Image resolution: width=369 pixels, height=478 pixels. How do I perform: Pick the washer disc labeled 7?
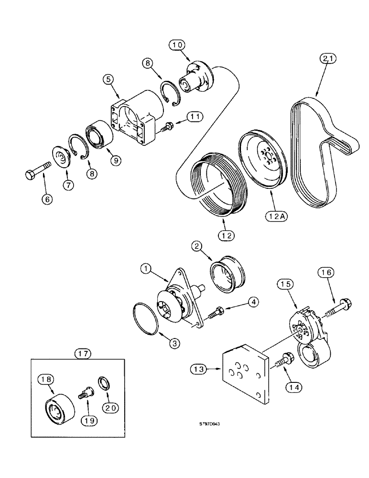click(60, 158)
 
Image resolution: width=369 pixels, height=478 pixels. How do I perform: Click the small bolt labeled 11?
click(168, 126)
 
